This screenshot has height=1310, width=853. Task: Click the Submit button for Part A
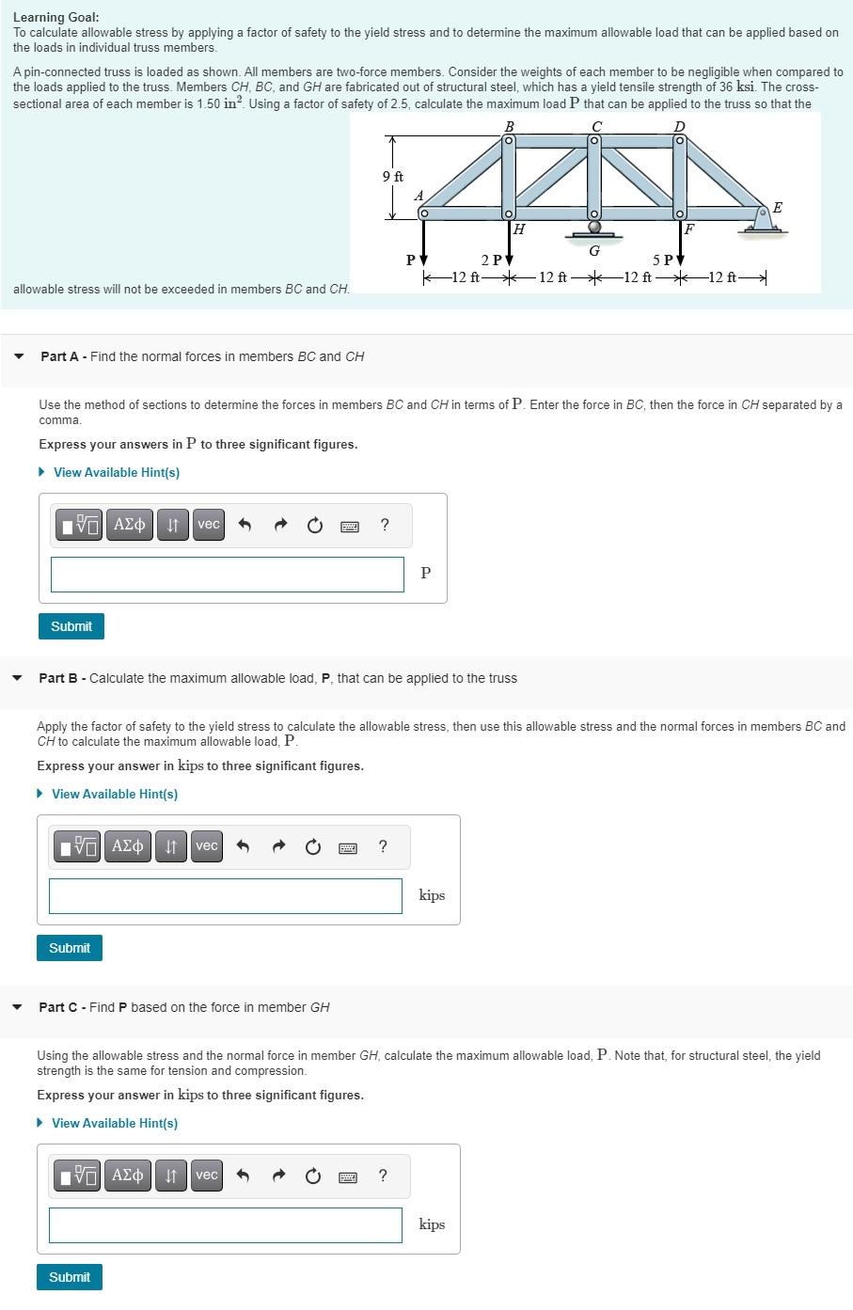coord(71,626)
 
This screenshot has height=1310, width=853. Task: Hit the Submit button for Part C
coord(70,1277)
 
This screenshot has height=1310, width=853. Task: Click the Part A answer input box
coord(227,575)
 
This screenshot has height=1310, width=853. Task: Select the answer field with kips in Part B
coord(225,896)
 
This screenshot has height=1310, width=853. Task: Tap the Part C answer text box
coord(225,1225)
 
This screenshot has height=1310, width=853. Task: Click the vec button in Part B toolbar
coord(207,846)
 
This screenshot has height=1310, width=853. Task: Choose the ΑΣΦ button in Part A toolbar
coord(129,525)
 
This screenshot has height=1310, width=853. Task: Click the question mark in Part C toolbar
coord(383,1176)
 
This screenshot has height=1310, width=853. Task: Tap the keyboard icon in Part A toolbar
coord(349,526)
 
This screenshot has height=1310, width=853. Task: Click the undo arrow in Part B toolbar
coord(243,847)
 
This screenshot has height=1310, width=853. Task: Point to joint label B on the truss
coord(509,126)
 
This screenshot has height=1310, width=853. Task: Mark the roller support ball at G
coord(594,227)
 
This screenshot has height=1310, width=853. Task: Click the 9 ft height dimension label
coord(393,177)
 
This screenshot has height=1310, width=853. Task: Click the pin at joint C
coord(594,141)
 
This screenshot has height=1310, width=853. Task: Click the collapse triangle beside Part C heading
coord(17,1007)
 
